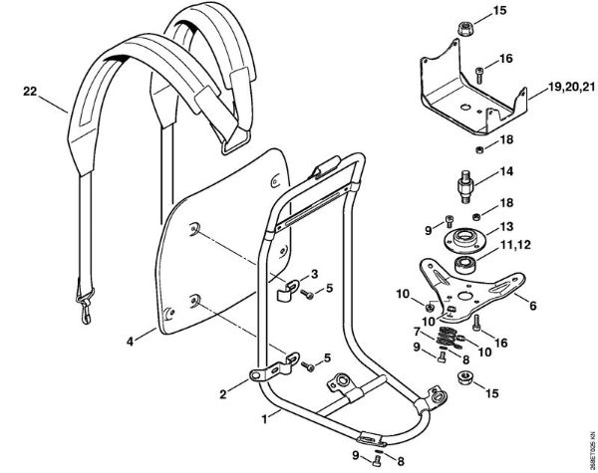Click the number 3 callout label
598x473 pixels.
pos(315,273)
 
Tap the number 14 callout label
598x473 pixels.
pos(507,170)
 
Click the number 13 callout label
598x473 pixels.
pos(506,226)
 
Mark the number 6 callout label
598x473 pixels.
pos(533,306)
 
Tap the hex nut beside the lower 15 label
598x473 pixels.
pos(464,377)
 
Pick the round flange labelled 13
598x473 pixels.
pos(462,239)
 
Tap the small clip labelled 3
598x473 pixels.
pos(285,289)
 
